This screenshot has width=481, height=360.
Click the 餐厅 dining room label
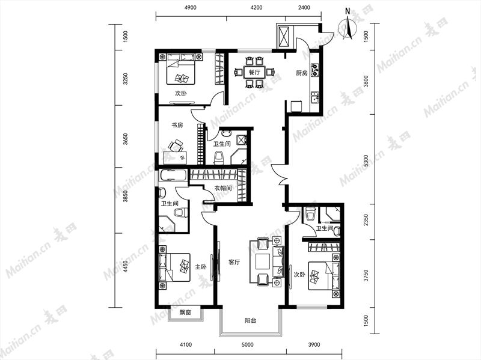coord(254,73)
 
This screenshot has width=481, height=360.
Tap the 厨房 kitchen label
coord(302,73)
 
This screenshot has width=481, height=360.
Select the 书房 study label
coord(177,125)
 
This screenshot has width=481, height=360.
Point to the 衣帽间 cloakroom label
coord(222,188)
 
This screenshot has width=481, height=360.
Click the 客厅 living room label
coord(234,262)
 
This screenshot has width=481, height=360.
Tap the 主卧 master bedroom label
coord(201,267)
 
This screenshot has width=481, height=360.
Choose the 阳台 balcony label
coord(250,321)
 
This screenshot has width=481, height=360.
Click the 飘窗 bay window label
coord(185,313)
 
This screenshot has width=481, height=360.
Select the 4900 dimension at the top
coord(191,8)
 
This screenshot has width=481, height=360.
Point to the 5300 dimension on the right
coord(366,160)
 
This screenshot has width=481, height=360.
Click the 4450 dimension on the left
coord(125,266)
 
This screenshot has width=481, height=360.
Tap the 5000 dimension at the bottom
coord(248,344)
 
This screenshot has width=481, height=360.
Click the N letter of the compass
coord(348,11)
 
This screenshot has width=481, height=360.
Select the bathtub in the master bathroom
coord(173,175)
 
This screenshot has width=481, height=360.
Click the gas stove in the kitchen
coord(315,70)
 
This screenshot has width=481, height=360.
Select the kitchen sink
coord(315,97)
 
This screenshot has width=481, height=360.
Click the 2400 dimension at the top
coord(304,8)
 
